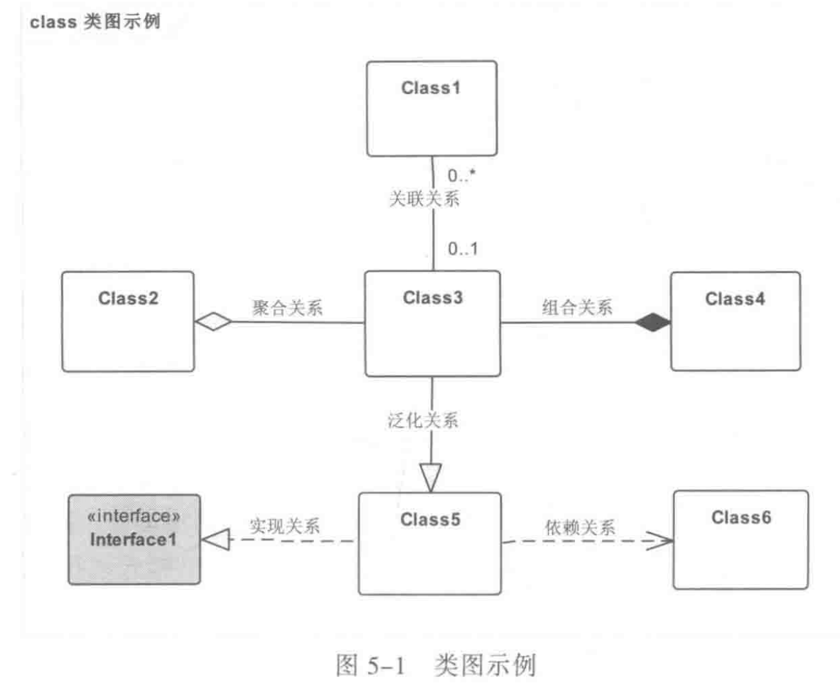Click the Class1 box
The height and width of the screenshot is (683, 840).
point(431,109)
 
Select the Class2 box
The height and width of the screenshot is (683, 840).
point(128,321)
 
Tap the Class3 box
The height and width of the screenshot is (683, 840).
point(432,324)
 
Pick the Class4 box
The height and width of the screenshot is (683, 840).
point(735,321)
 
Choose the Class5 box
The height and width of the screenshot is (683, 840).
point(429,543)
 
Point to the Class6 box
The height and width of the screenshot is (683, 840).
point(741,540)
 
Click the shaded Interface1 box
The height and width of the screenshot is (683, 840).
point(134,539)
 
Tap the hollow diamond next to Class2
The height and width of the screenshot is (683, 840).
point(213,322)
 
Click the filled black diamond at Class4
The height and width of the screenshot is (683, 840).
point(653,323)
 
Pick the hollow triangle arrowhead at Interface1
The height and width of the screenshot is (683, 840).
point(215,540)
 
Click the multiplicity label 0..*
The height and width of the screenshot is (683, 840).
point(461,176)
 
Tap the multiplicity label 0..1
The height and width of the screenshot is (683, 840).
point(462,249)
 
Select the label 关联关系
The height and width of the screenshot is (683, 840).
point(423,198)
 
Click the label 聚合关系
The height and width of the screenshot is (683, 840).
point(287,308)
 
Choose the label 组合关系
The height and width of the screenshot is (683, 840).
point(577,307)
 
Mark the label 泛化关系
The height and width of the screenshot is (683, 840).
point(423,420)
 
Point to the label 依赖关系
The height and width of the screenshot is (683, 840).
point(580,527)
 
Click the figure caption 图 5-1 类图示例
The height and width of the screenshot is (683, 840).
point(435,664)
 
